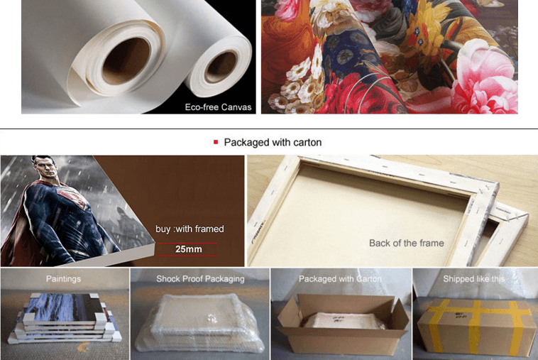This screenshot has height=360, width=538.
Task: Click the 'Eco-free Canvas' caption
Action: (x=218, y=107)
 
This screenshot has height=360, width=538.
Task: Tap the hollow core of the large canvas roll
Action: (x=126, y=61)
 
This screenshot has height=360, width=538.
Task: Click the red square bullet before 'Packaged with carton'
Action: (x=216, y=142)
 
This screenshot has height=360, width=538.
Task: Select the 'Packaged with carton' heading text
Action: (x=273, y=142)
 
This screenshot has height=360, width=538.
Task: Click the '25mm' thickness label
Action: (x=188, y=249)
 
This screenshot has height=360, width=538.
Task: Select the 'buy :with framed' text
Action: (x=190, y=229)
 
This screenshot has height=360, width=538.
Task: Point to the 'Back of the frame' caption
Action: (x=406, y=243)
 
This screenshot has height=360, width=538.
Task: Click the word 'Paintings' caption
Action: (x=63, y=279)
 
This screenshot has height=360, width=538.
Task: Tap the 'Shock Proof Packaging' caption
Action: (x=200, y=279)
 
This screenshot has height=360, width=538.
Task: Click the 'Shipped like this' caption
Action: (x=473, y=279)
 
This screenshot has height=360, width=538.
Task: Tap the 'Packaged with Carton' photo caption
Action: (x=339, y=279)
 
